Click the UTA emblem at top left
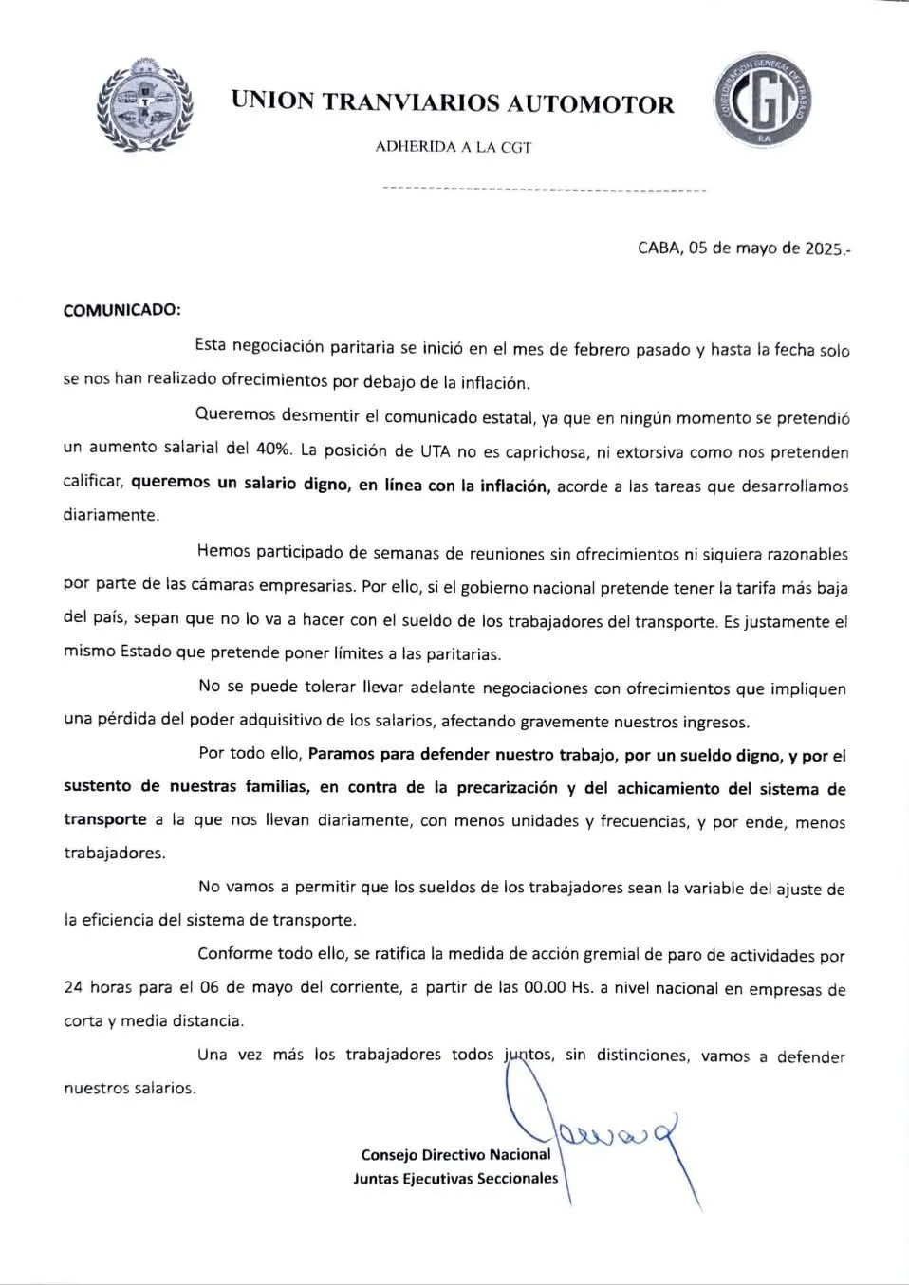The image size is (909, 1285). pyautogui.click(x=144, y=104)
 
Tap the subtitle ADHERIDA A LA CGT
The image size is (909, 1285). pyautogui.click(x=453, y=147)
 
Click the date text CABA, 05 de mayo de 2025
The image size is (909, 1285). pyautogui.click(x=742, y=248)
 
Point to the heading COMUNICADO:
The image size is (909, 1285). pyautogui.click(x=121, y=310)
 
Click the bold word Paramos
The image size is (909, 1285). pyautogui.click(x=341, y=755)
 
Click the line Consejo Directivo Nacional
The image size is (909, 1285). pyautogui.click(x=455, y=1154)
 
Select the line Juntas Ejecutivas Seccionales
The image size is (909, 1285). pyautogui.click(x=455, y=1178)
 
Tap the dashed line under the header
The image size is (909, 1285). pyautogui.click(x=544, y=190)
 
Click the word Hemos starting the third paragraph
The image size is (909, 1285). pyautogui.click(x=224, y=552)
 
